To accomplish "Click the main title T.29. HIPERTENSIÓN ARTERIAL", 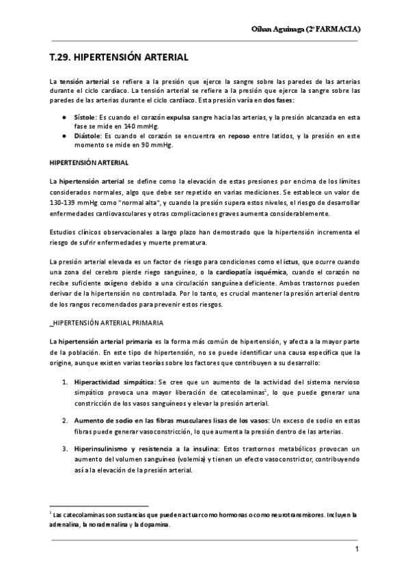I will pos(115,59).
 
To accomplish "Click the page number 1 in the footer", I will pos(357,550).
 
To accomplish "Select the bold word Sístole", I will pos(85,117).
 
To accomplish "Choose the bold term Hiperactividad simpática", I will pos(114,384).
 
